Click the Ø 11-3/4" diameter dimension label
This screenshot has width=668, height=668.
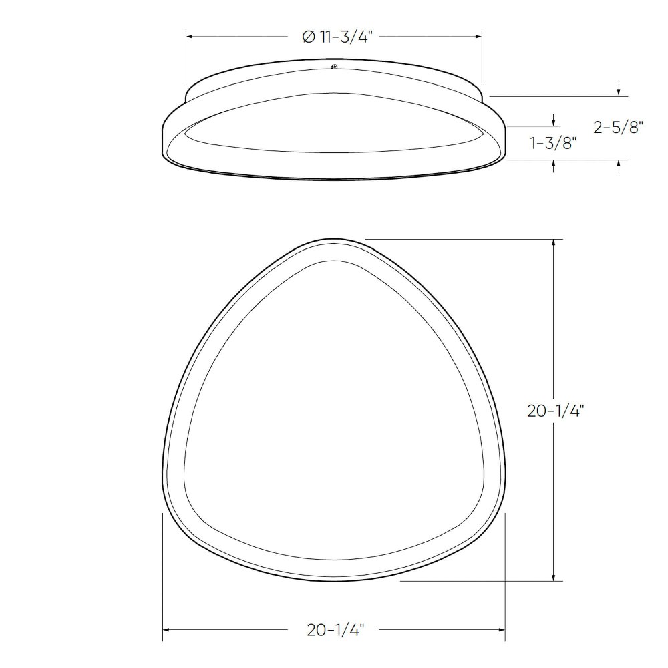(337, 37)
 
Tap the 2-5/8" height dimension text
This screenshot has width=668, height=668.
(618, 127)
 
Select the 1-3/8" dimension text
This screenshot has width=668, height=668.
(553, 143)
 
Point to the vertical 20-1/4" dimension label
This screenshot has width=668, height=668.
(555, 411)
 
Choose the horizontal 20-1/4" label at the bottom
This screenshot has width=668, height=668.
(336, 630)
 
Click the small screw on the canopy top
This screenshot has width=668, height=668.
(335, 66)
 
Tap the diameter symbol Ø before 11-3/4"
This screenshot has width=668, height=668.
(309, 37)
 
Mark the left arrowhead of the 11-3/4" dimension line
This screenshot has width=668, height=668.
(191, 37)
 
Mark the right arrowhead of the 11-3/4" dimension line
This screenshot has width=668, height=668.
(478, 37)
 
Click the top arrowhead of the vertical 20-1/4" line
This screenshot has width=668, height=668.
(553, 244)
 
